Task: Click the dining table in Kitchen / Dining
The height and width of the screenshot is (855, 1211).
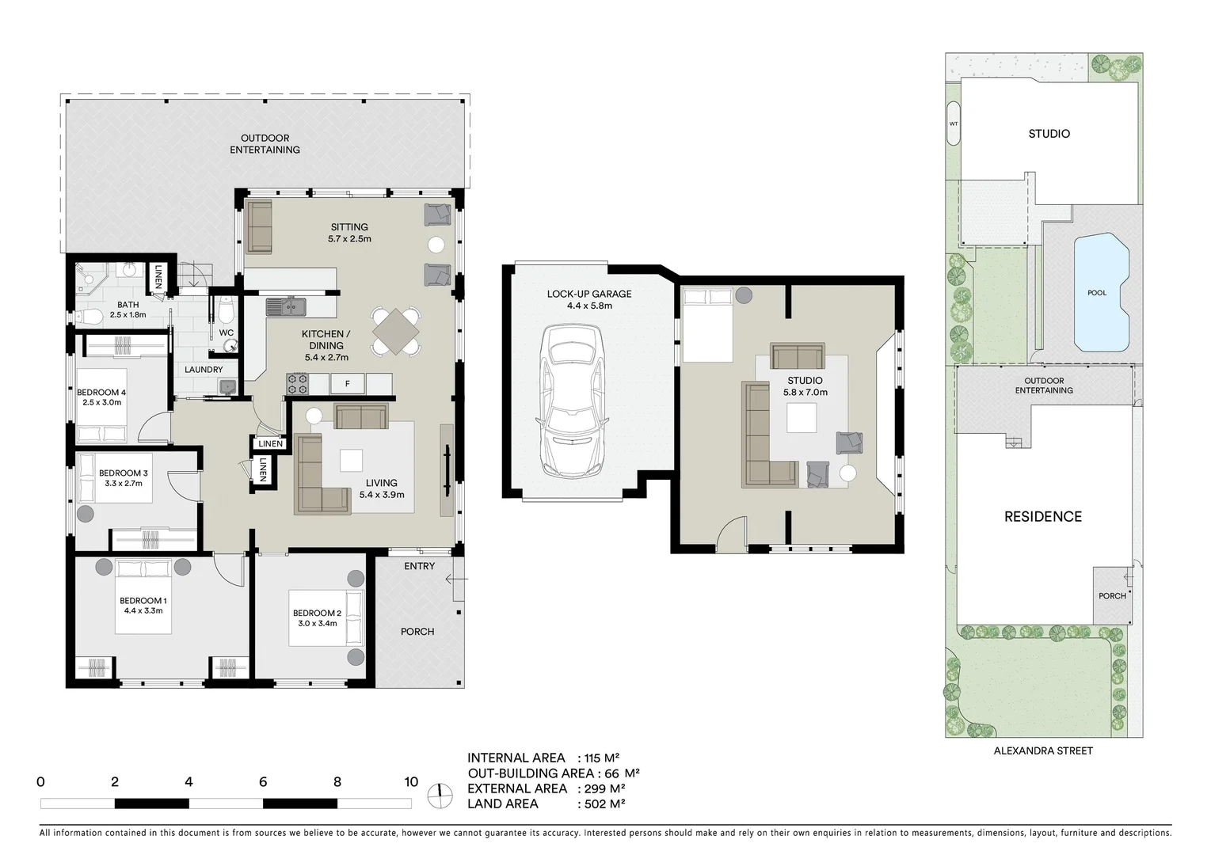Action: (x=395, y=331)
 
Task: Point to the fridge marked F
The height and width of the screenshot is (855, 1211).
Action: (x=346, y=385)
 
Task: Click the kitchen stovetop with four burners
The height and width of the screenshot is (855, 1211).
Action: (x=297, y=384)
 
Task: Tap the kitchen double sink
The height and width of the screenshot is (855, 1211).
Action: (x=286, y=306)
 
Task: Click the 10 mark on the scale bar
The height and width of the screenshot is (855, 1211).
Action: (x=410, y=782)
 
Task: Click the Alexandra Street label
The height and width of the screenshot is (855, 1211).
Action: (x=1042, y=750)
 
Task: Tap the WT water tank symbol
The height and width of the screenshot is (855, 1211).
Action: (x=954, y=123)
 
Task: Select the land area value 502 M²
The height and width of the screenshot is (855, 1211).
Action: (x=601, y=804)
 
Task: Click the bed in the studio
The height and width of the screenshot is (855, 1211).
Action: (x=708, y=325)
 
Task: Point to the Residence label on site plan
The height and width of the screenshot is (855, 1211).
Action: (x=1042, y=516)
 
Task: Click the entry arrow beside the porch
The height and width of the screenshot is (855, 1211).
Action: (x=453, y=579)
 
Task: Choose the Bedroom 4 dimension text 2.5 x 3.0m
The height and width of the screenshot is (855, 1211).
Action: (x=101, y=402)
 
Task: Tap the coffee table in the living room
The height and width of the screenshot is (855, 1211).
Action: (x=351, y=461)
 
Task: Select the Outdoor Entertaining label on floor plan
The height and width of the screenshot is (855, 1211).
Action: (x=265, y=143)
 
